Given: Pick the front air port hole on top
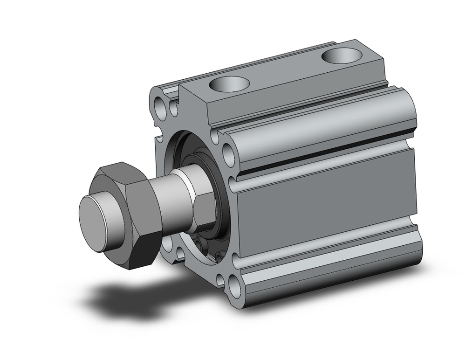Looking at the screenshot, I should [x=229, y=84].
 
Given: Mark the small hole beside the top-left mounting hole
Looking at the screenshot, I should [x=173, y=109].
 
